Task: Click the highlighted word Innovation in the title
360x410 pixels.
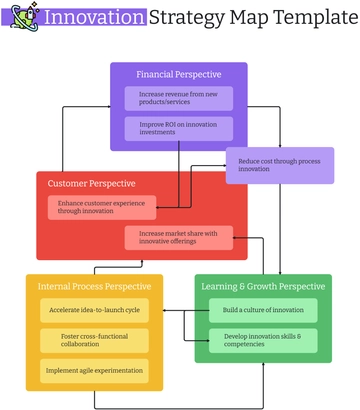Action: (x=94, y=18)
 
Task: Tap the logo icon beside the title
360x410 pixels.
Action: (x=25, y=17)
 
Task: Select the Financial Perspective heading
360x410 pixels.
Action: (x=179, y=74)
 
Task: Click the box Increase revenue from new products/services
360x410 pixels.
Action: (x=179, y=98)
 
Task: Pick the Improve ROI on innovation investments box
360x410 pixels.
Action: (x=179, y=128)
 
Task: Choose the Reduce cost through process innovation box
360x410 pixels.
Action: (x=279, y=165)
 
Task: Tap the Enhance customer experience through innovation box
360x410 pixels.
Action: (x=101, y=207)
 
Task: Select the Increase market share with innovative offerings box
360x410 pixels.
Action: (x=179, y=237)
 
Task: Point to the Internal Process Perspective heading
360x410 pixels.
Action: (x=95, y=287)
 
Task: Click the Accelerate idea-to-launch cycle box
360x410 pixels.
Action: (x=95, y=310)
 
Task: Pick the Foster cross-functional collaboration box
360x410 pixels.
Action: (x=95, y=340)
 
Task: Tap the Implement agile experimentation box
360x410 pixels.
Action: (x=95, y=370)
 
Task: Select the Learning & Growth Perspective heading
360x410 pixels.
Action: (x=264, y=287)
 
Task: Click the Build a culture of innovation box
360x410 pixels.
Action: (x=263, y=310)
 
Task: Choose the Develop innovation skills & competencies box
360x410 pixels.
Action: (x=263, y=340)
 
